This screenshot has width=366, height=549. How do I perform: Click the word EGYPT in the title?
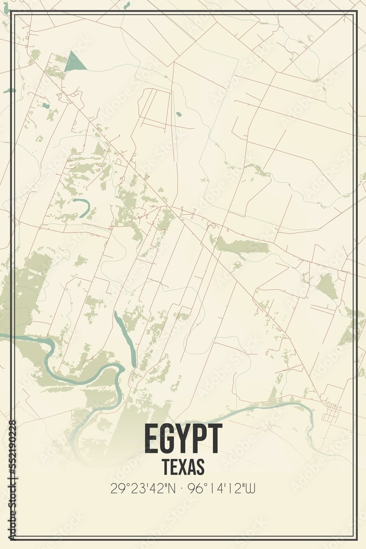click(x=183, y=439)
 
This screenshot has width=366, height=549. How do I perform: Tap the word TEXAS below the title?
click(x=183, y=467)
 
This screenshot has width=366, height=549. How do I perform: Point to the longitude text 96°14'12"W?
click(x=226, y=486)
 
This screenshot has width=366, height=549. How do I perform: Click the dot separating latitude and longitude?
click(x=183, y=486)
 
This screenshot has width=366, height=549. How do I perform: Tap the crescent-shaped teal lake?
click(x=82, y=208)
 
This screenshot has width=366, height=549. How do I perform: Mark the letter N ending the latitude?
click(x=172, y=486)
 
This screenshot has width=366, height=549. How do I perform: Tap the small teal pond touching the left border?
click(x=8, y=91)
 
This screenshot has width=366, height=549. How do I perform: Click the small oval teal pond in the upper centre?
click(x=179, y=115)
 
